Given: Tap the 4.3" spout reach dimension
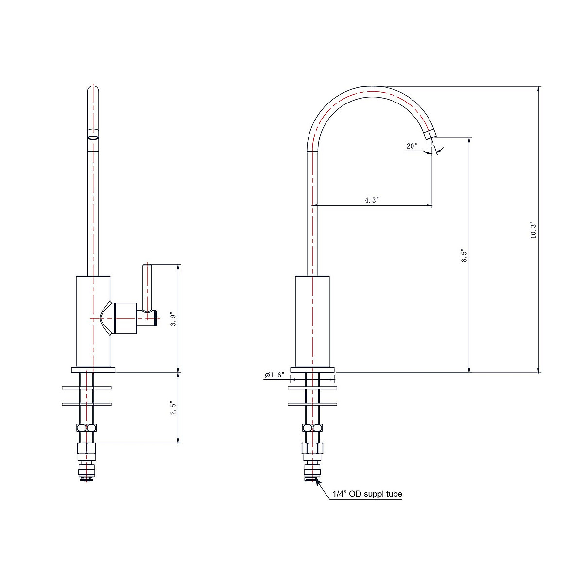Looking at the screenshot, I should click(372, 200).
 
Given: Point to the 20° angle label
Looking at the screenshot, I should click(412, 146).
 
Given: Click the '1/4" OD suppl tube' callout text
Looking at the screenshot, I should click(367, 495).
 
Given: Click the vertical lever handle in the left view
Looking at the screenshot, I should click(147, 287).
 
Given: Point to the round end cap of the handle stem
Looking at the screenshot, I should click(155, 318).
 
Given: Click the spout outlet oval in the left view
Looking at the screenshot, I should click(93, 138).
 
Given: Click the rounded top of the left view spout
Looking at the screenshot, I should click(93, 90).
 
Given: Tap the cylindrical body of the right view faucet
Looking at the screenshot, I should click(312, 321).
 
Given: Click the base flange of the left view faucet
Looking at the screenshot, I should click(93, 370).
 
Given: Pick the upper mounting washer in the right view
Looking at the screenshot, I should click(312, 388).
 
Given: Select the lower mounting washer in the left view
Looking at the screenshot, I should click(87, 404).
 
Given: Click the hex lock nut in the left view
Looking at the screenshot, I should click(86, 428).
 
